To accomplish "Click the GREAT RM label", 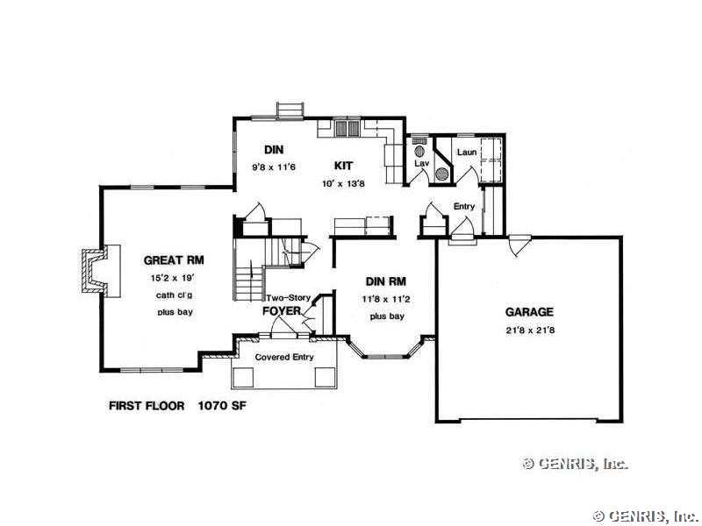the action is [x=174, y=259].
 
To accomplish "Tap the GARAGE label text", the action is [x=529, y=312].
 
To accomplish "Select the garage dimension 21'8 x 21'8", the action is [x=531, y=331].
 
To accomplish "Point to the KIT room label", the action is [x=343, y=166].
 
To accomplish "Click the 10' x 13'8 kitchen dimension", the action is [x=343, y=183].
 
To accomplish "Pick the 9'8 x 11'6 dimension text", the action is [x=274, y=167].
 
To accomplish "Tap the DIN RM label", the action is [x=386, y=281].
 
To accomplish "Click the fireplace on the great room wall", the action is [x=101, y=271].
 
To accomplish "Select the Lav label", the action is [x=422, y=163].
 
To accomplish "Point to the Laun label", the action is [x=467, y=152].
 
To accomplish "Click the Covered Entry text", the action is [x=284, y=357].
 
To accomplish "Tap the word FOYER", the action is [x=281, y=311].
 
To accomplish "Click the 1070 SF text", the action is [x=222, y=406].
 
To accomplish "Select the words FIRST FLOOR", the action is [x=147, y=406].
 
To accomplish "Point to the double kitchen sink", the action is [x=347, y=127].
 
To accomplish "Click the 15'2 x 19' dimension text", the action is [x=173, y=278].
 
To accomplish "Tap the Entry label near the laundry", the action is [x=464, y=206].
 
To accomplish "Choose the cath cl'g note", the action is [x=174, y=295].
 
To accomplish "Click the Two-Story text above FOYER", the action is [x=289, y=297].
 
